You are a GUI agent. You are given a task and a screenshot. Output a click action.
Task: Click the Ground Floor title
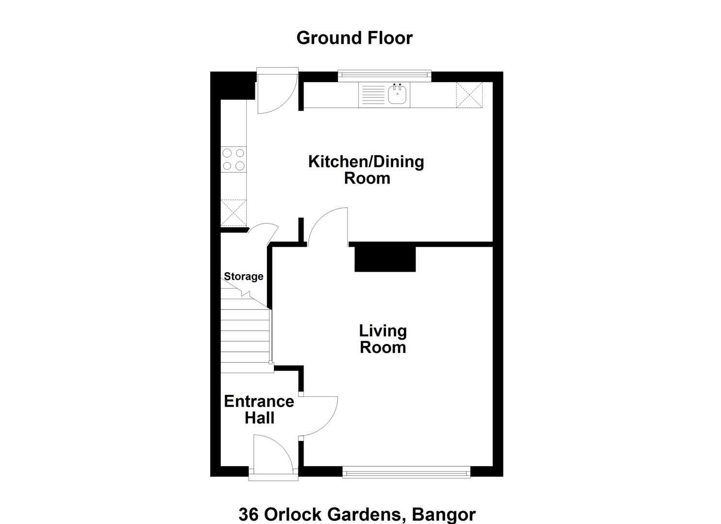click(354, 38)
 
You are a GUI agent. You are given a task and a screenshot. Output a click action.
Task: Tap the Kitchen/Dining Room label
click(366, 170)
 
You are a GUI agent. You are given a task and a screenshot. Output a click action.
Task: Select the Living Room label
click(383, 339)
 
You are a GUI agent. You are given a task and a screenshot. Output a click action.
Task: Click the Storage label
click(244, 277)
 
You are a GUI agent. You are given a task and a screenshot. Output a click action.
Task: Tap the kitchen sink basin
click(397, 94)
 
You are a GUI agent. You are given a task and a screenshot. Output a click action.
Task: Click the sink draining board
click(373, 95)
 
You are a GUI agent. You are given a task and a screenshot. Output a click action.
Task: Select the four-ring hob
click(234, 159)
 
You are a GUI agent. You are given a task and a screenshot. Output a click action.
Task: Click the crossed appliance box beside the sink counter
click(469, 95)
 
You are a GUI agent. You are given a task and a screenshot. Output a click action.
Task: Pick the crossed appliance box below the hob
click(234, 213)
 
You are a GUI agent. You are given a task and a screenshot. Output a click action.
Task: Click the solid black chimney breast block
click(385, 259)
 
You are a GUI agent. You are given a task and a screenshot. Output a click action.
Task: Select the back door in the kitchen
click(277, 93)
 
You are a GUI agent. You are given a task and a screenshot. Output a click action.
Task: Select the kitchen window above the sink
click(385, 75)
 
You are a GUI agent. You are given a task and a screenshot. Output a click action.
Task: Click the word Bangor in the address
click(444, 514)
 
